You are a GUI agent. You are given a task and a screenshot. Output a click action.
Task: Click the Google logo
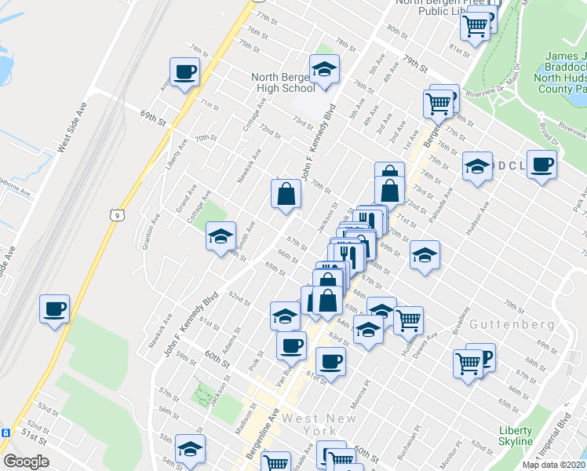[x=26, y=462]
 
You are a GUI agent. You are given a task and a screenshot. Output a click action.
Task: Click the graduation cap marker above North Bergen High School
[x=324, y=71]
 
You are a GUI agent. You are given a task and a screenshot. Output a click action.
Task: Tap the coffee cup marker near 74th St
[x=184, y=73]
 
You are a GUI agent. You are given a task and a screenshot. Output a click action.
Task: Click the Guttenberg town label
[x=502, y=324]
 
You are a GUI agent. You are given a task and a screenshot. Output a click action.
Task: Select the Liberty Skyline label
[x=516, y=436]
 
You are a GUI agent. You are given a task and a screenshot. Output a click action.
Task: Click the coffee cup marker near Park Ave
[x=541, y=165]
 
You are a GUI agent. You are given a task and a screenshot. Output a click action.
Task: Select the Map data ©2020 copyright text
[x=553, y=465]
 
